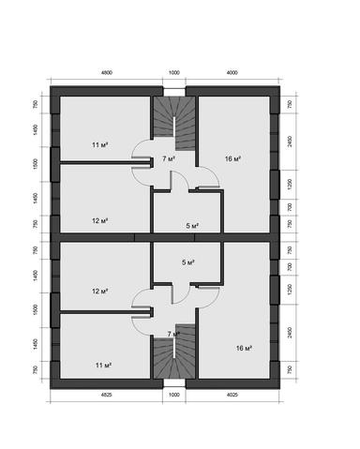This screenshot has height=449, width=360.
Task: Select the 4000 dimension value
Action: coord(232,71)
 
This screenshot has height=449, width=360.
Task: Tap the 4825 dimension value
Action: coord(107,395)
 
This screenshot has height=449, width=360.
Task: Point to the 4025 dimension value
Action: coord(232,395)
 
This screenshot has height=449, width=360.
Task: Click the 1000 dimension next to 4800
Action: coord(173,71)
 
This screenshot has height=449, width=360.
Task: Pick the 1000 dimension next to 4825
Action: coord(173,395)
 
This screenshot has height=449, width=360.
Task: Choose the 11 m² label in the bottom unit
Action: coord(103,365)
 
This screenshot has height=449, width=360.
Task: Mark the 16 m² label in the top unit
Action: coord(233,159)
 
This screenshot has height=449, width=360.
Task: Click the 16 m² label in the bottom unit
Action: coord(244,348)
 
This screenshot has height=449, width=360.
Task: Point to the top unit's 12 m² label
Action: coord(100,220)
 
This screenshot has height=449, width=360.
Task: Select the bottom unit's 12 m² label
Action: coord(100,291)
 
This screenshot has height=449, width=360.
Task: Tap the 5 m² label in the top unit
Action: coord(192,226)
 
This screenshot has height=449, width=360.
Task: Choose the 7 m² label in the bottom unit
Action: coord(173,333)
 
